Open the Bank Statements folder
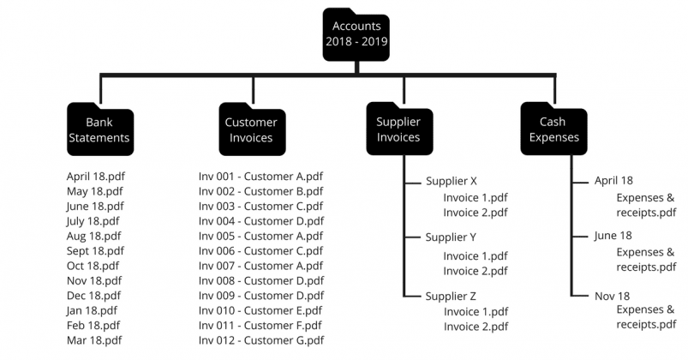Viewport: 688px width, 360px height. tap(99, 129)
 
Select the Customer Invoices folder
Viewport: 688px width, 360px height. tap(251, 129)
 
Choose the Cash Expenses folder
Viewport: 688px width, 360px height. tap(553, 129)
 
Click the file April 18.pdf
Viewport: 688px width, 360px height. tap(96, 177)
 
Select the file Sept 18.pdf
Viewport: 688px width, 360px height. tap(95, 251)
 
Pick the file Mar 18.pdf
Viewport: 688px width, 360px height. tap(94, 340)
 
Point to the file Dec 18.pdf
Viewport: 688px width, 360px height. tap(94, 296)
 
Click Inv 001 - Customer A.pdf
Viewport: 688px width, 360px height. tap(260, 177)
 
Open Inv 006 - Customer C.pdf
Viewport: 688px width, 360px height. tap(260, 251)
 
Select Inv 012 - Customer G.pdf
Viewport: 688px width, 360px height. tap(260, 340)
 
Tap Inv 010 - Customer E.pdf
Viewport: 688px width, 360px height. tap(260, 310)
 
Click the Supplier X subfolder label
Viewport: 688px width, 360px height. tap(451, 182)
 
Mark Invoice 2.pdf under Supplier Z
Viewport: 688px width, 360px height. tap(476, 327)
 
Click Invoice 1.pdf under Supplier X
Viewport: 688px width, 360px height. tap(476, 197)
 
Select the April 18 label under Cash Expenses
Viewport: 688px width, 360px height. tap(613, 182)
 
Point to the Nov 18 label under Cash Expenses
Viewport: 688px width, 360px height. tap(613, 295)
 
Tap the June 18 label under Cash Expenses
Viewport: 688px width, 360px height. tap(613, 236)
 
